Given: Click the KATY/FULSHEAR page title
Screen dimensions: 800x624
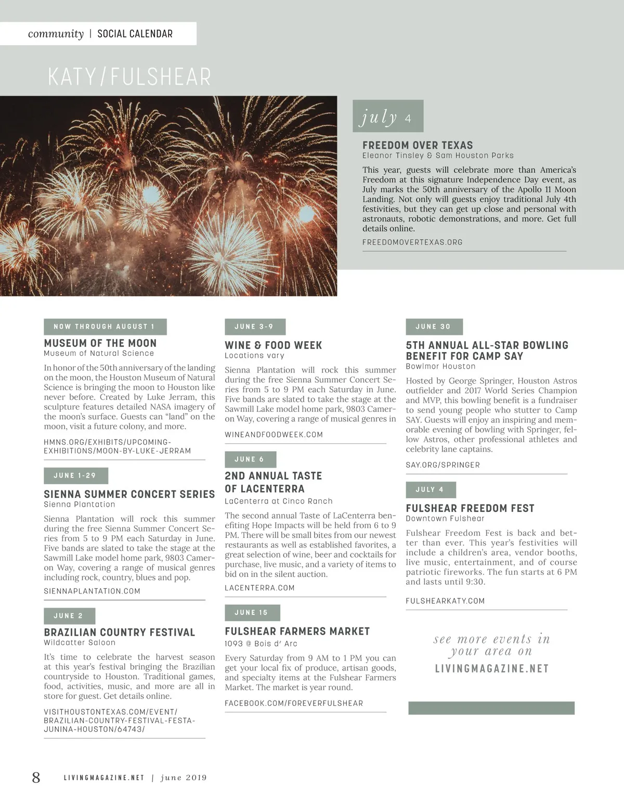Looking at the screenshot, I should (129, 77).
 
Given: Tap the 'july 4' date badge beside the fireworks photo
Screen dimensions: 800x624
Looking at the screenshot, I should (387, 117).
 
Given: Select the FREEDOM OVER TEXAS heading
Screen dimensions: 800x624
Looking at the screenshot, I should (418, 146).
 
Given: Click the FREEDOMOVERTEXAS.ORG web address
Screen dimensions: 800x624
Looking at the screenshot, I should (412, 242).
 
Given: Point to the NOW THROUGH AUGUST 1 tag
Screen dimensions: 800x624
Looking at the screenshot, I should (105, 327).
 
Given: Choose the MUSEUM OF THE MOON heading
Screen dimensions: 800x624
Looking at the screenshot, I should (100, 343).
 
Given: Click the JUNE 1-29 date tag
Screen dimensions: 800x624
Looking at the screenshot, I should (75, 475).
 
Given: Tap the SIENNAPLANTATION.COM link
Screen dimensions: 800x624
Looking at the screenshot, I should (92, 591).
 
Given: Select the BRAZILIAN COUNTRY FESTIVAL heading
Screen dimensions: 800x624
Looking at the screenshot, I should (119, 633).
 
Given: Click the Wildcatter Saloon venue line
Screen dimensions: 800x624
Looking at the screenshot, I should (80, 643).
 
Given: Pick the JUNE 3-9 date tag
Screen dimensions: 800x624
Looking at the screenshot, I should (254, 327).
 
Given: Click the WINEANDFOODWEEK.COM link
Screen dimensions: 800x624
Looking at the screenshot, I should (274, 435).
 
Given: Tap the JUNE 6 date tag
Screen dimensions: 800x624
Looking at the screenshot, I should (250, 459).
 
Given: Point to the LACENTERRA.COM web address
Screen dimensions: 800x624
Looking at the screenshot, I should (259, 588).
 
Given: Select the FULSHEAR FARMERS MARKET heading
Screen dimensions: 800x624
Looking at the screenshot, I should (297, 631).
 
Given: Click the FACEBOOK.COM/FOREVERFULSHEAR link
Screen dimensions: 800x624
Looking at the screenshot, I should (294, 704).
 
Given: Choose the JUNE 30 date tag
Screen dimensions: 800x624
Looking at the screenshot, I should (433, 327).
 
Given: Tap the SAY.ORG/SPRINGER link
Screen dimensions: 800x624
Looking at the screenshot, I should (443, 465).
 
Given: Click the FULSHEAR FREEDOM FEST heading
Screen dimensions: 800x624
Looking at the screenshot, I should (470, 508).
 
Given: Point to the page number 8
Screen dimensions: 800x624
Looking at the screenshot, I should (36, 778).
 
